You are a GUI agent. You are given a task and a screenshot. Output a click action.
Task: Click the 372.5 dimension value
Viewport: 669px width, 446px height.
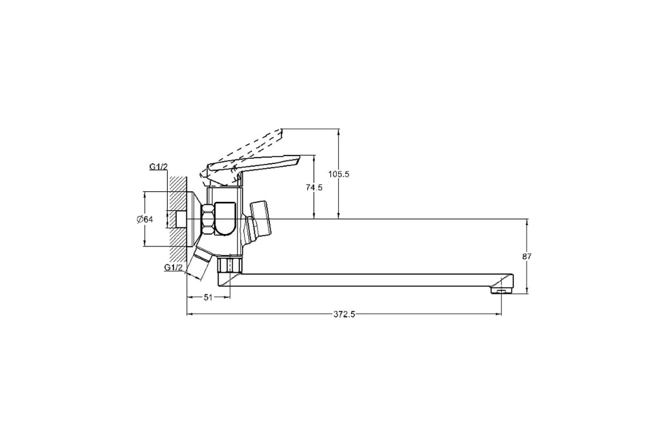345,314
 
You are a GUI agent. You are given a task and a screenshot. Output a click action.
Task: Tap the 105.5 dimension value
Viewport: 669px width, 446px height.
339,174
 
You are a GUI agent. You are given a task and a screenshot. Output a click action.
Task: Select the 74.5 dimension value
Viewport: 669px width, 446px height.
314,188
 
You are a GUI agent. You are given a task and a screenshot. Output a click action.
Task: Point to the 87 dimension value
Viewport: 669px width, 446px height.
527,256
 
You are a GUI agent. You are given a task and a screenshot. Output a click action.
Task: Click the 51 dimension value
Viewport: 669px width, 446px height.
208,297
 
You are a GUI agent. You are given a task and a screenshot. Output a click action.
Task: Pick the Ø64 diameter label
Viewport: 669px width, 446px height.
145,220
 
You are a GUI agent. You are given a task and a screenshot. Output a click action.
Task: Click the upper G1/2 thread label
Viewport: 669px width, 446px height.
158,167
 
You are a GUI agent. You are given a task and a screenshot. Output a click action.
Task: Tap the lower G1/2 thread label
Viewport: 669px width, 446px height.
173,268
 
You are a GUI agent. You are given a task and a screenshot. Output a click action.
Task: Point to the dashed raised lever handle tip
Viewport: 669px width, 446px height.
278,135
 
